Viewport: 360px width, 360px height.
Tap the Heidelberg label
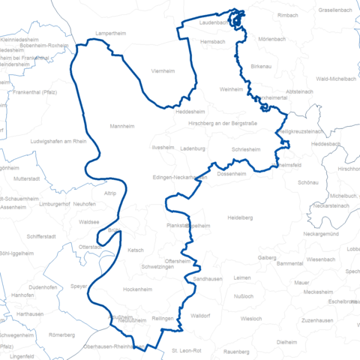tap(239, 217)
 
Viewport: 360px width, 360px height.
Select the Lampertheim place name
tap(112, 34)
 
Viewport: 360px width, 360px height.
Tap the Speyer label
tap(79, 286)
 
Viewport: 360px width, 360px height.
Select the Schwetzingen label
tap(160, 267)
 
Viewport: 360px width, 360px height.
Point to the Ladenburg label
tap(193, 148)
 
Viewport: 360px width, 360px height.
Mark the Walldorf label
tap(199, 316)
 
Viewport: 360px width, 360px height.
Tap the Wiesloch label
tap(250, 319)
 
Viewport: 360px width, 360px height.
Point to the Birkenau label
tap(261, 67)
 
